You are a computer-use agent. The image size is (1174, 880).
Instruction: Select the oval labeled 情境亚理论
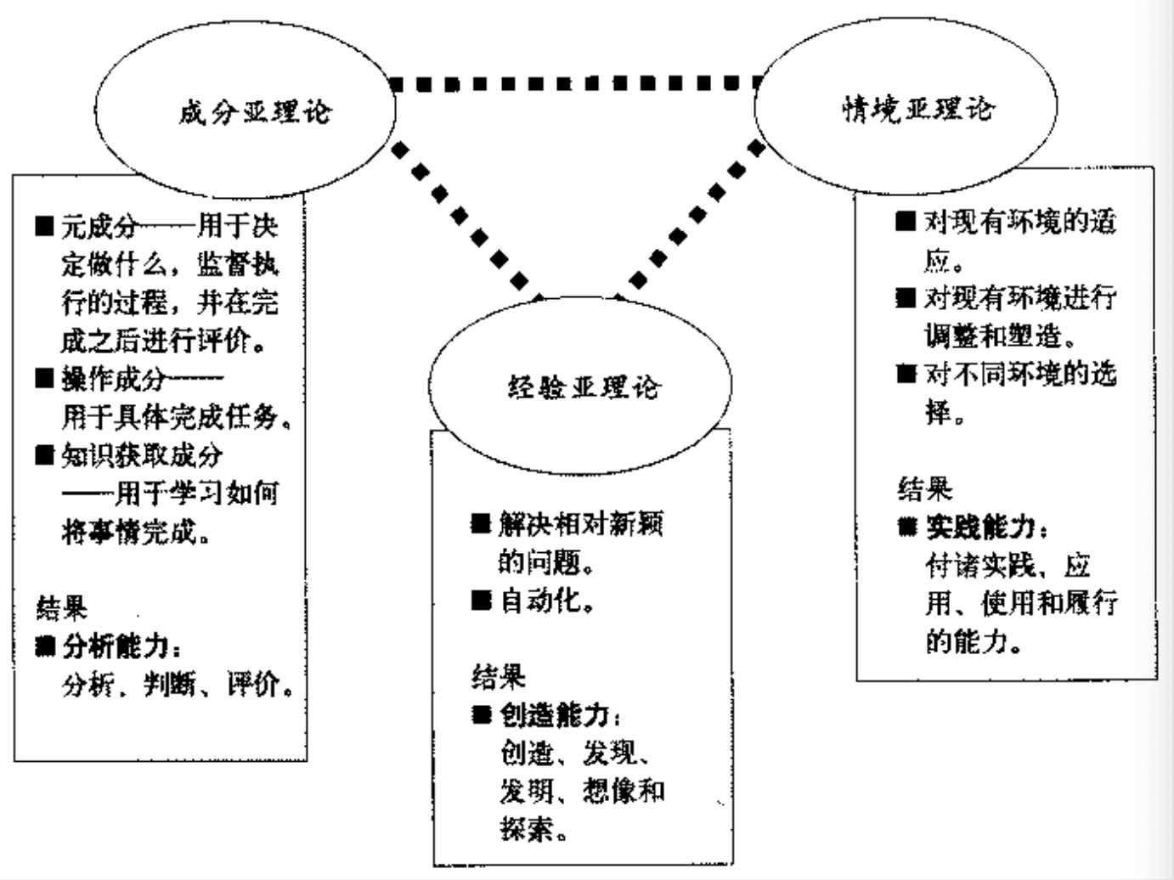click(906, 109)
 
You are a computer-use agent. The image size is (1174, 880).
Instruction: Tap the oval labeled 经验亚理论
click(580, 387)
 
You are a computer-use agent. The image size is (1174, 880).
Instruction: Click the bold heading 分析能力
click(120, 646)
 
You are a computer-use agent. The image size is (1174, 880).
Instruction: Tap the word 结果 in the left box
click(61, 608)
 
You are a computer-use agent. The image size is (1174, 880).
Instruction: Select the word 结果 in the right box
click(925, 489)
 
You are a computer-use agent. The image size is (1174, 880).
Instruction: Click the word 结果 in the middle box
click(499, 677)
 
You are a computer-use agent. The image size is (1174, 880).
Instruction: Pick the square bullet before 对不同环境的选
click(906, 374)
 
